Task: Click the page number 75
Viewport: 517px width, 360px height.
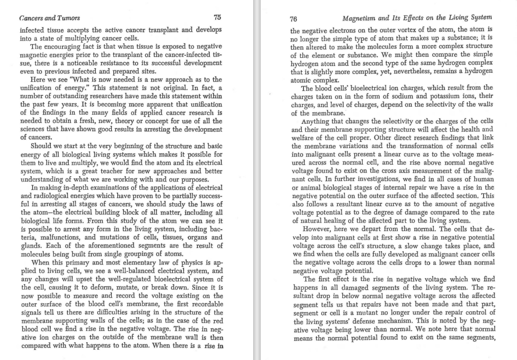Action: pyautogui.click(x=217, y=17)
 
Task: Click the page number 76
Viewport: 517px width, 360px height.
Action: pyautogui.click(x=293, y=19)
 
